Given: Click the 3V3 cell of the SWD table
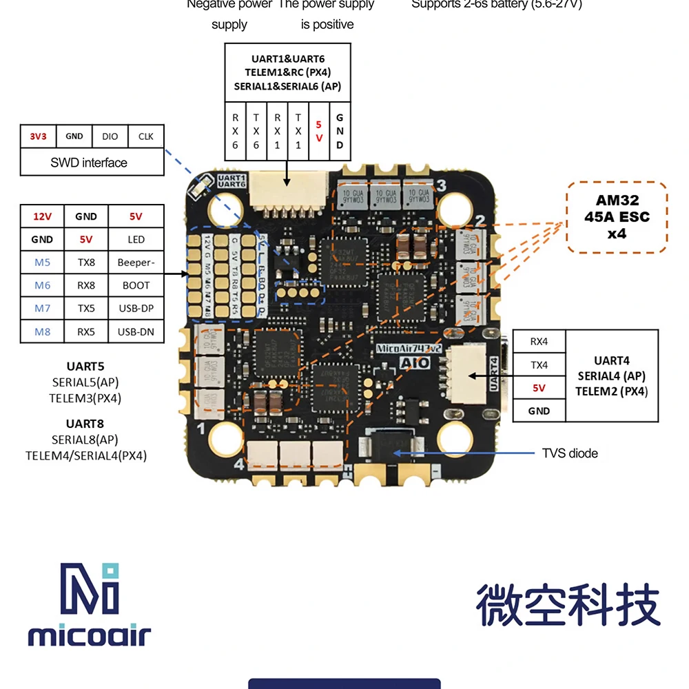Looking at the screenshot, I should point(38,136).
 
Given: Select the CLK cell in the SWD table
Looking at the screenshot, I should point(145,136).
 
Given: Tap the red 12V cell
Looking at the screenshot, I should point(42,216).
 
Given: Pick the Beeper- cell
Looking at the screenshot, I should point(136,263).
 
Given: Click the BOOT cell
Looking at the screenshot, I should point(136,285).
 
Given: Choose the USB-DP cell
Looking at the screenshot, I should point(136,309).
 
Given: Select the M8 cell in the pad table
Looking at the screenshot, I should point(42,332).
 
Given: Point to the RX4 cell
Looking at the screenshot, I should point(539,341).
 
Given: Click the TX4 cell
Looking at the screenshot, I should point(539,364).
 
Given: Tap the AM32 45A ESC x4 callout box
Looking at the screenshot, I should point(617,217).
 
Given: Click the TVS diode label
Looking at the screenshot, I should point(570,453).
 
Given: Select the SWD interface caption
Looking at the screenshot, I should point(89,163).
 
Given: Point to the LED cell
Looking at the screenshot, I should point(136,240).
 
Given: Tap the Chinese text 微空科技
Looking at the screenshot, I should point(568,605).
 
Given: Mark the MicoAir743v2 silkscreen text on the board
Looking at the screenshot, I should point(411,348).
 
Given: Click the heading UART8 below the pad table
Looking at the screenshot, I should point(85,424).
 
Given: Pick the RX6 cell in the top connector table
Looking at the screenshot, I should point(235,131).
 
